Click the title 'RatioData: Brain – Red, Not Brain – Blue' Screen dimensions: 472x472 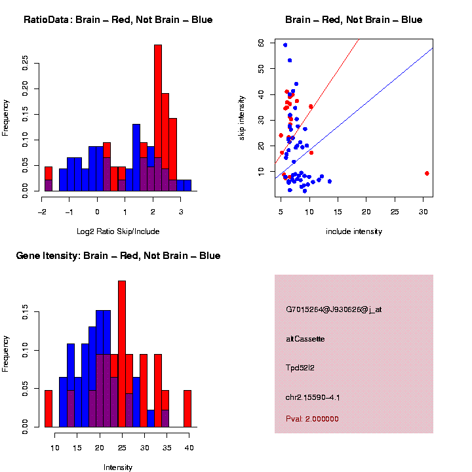pyautogui.click(x=118, y=20)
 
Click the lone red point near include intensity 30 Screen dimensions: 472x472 pyautogui.click(x=427, y=173)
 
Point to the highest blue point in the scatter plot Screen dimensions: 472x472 pyautogui.click(x=285, y=45)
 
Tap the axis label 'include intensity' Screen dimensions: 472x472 pyautogui.click(x=354, y=231)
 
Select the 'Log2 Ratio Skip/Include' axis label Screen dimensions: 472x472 pyautogui.click(x=118, y=231)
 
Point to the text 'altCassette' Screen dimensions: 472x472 pyautogui.click(x=305, y=339)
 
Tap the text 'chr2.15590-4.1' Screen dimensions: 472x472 pyautogui.click(x=313, y=397)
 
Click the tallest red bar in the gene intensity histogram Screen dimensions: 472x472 pyautogui.click(x=122, y=354)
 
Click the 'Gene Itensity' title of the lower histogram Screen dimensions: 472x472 pyautogui.click(x=118, y=256)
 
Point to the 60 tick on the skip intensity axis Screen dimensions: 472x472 pyautogui.click(x=261, y=43)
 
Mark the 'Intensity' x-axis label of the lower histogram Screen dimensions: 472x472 pyautogui.click(x=118, y=467)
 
